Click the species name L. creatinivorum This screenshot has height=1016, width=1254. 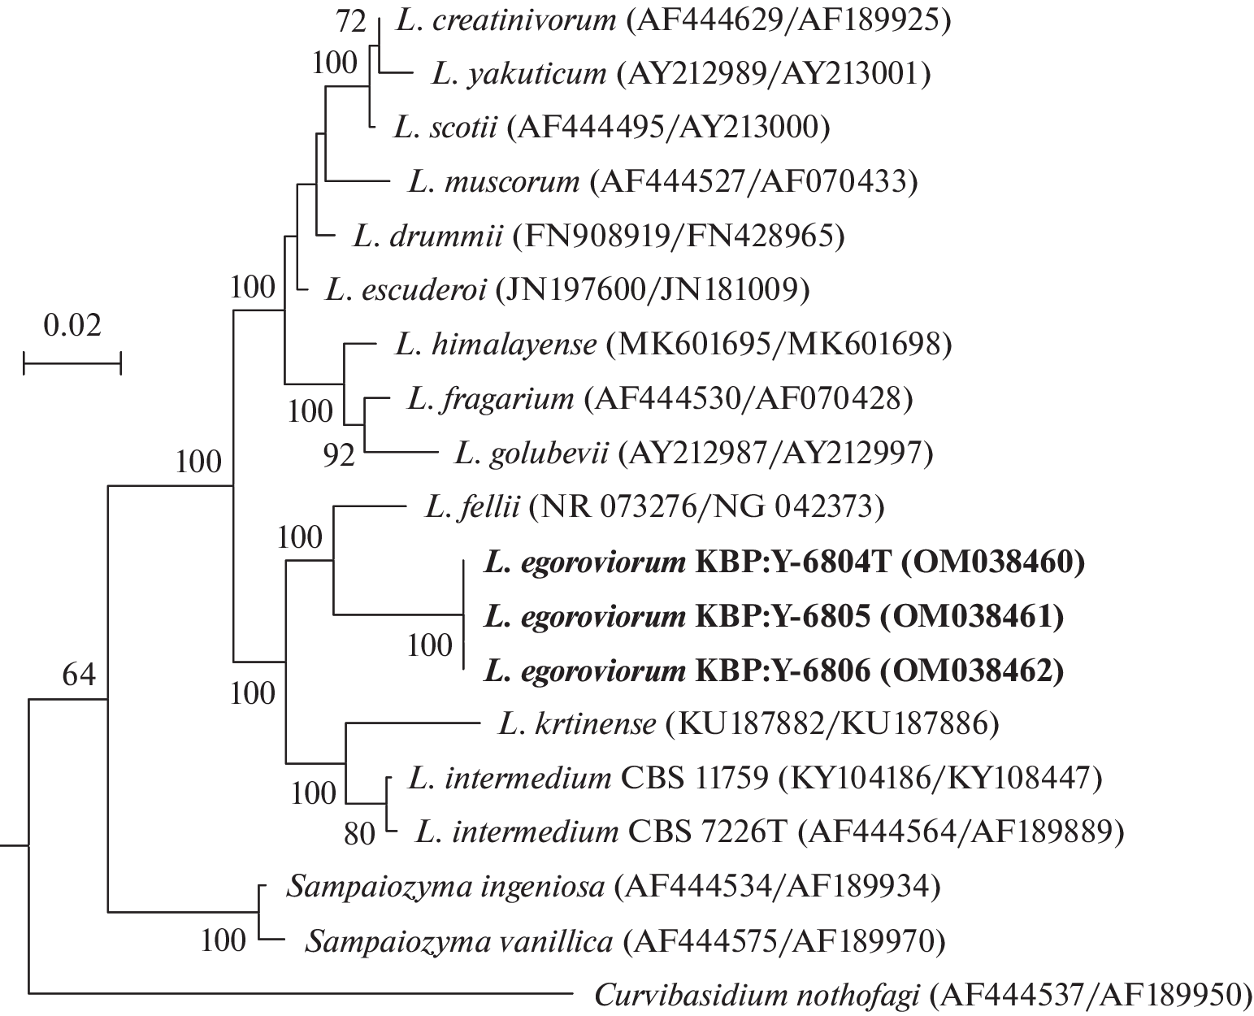point(506,20)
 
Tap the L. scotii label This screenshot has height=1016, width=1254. point(445,128)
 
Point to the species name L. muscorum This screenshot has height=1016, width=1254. point(494,181)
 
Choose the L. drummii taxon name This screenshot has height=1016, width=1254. point(429,236)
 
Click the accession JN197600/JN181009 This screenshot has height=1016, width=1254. point(652,289)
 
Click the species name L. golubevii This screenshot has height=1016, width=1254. point(532,453)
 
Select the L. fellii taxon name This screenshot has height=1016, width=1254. point(471,507)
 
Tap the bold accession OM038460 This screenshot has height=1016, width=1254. point(991,562)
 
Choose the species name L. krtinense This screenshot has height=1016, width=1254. point(575,723)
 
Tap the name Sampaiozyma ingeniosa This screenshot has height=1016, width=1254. point(445,885)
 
